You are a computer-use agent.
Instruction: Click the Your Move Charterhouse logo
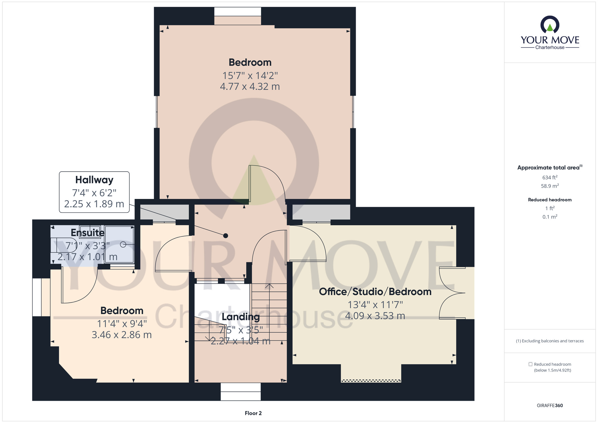pos(550,33)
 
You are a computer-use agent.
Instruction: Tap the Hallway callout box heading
pos(94,180)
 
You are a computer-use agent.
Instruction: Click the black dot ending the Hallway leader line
pos(226,236)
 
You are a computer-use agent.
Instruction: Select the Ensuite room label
pos(88,232)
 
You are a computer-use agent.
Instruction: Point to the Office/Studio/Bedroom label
pos(375,292)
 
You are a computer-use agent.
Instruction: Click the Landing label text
pos(241,317)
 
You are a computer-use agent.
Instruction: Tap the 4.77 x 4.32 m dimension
pos(250,86)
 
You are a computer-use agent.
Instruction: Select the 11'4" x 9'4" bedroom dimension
pos(122,324)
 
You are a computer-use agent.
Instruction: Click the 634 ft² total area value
pos(550,177)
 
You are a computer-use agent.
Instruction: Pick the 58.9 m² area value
pos(550,186)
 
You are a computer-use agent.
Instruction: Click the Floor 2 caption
pos(253,413)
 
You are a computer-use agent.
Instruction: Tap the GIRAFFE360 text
pos(550,406)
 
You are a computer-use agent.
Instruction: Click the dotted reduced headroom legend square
pos(530,364)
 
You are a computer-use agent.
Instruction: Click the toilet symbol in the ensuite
pos(64,245)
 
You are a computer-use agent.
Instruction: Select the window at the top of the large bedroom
pos(238,12)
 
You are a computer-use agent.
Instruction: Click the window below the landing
pos(241,392)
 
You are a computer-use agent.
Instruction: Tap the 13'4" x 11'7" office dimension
pos(375,305)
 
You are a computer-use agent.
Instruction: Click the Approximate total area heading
pos(550,168)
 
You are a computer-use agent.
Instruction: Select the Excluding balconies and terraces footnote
pos(550,341)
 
